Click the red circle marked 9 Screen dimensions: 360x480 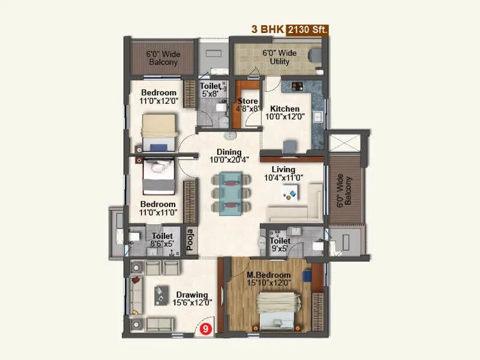pyautogui.click(x=205, y=328)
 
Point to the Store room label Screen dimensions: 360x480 pyautogui.click(x=248, y=100)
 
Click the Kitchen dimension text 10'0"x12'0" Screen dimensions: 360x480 pyautogui.click(x=285, y=117)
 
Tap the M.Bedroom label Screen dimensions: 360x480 pyautogui.click(x=269, y=275)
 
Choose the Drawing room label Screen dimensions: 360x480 pyautogui.click(x=192, y=295)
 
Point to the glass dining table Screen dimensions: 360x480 pyautogui.click(x=231, y=192)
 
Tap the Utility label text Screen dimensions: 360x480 pyautogui.click(x=280, y=61)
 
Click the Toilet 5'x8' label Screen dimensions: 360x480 pyautogui.click(x=211, y=86)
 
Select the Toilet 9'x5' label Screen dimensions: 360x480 pyautogui.click(x=280, y=241)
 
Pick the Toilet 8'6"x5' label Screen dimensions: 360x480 pyautogui.click(x=162, y=236)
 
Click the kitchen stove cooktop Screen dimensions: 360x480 pyautogui.click(x=295, y=86)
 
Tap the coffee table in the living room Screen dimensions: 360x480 pyautogui.click(x=290, y=193)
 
